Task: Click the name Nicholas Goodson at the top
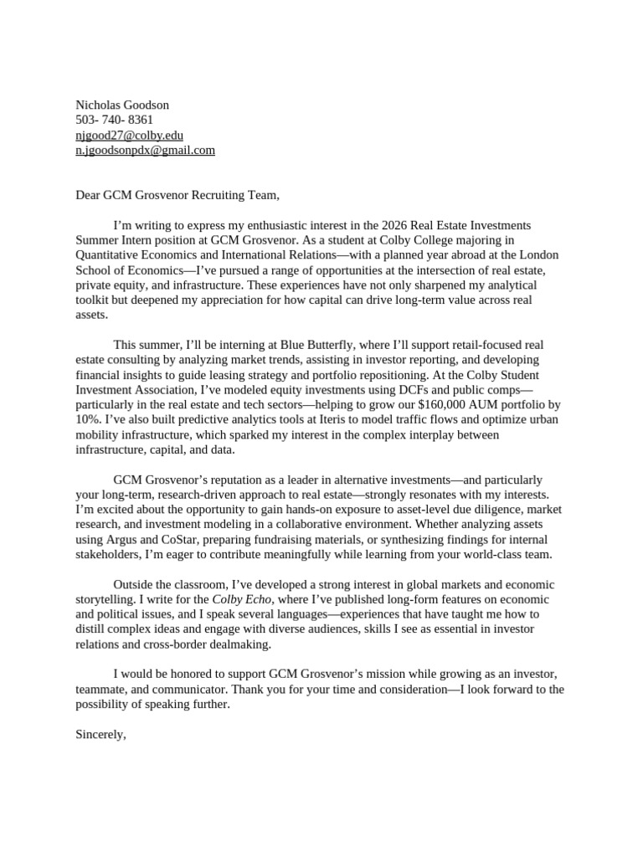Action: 122,105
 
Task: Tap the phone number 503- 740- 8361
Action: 115,120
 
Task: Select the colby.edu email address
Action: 130,135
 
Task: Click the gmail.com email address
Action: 146,150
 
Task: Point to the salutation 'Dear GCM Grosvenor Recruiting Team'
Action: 177,195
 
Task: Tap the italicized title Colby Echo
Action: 242,599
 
